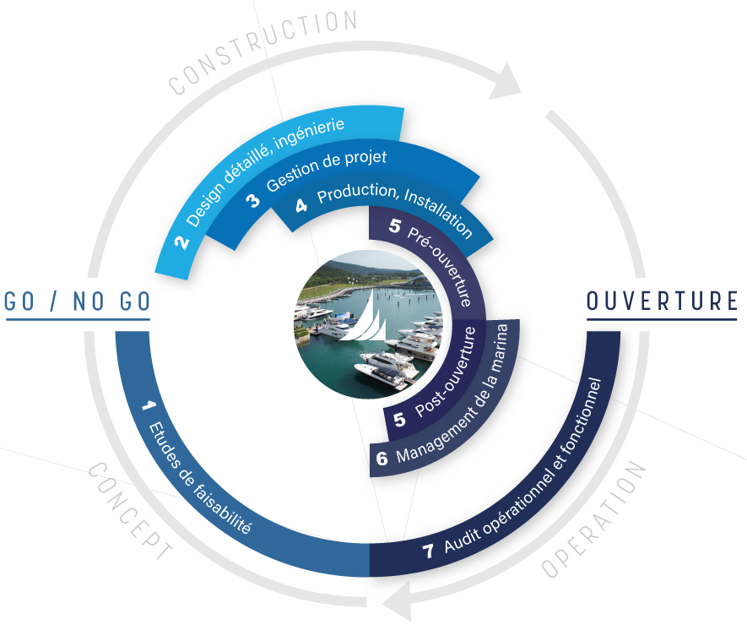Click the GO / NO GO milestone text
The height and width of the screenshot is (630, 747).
click(77, 301)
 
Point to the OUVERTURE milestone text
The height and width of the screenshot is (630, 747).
click(662, 301)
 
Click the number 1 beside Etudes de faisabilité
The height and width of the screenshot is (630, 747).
click(148, 406)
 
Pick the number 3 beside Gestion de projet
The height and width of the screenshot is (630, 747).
click(253, 201)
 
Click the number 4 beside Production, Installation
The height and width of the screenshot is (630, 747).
click(301, 205)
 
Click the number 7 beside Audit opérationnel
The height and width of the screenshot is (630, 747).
click(428, 551)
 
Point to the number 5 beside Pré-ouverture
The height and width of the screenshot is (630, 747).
click(395, 225)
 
